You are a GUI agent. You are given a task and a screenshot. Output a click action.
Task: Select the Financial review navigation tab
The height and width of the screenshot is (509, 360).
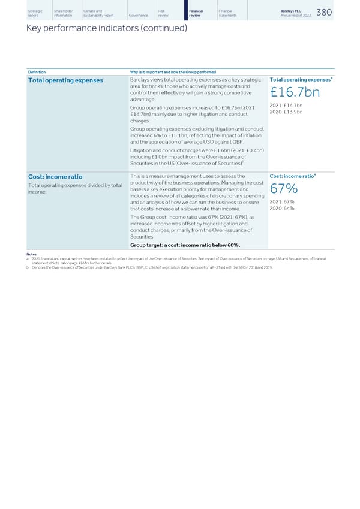point(196,12)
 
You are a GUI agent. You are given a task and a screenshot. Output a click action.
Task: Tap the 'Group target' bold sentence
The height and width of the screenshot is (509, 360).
point(185,245)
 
